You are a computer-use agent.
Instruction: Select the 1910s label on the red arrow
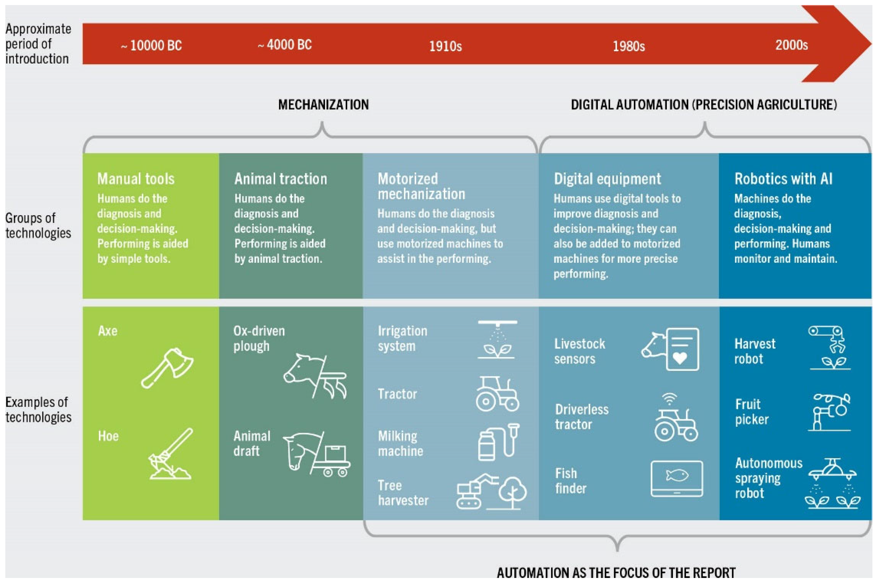coord(445,46)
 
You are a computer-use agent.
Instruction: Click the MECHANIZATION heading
coord(323,105)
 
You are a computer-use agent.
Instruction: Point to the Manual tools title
coord(136,179)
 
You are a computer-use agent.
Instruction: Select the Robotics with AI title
coord(783,179)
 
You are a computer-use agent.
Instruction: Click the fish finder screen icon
coord(676,479)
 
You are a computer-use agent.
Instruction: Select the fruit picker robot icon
coord(830,412)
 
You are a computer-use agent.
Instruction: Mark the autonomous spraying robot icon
coord(832,483)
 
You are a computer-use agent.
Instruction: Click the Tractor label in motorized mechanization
coord(397,394)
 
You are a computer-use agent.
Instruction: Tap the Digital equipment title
coord(607,179)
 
